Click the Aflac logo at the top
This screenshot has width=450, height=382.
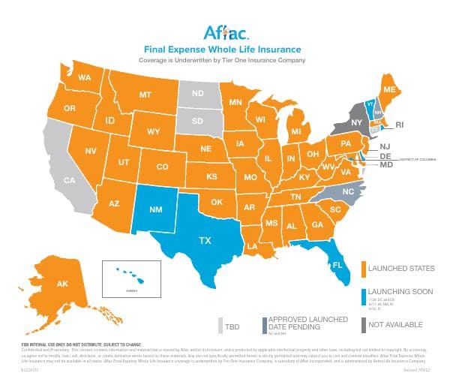pos(223,32)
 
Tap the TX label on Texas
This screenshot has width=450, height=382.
pos(205,241)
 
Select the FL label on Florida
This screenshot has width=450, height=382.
pos(338,266)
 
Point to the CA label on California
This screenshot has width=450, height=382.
pos(69,180)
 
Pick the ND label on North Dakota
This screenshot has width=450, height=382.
pos(199,94)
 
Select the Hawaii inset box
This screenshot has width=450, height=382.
pos(131,277)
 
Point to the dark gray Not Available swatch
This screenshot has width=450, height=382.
pos(364,325)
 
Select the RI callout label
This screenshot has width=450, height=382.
pos(400,125)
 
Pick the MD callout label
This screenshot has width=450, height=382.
pos(386,164)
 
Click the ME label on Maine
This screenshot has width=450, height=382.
pos(389,89)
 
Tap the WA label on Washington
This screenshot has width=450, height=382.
pos(85,78)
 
